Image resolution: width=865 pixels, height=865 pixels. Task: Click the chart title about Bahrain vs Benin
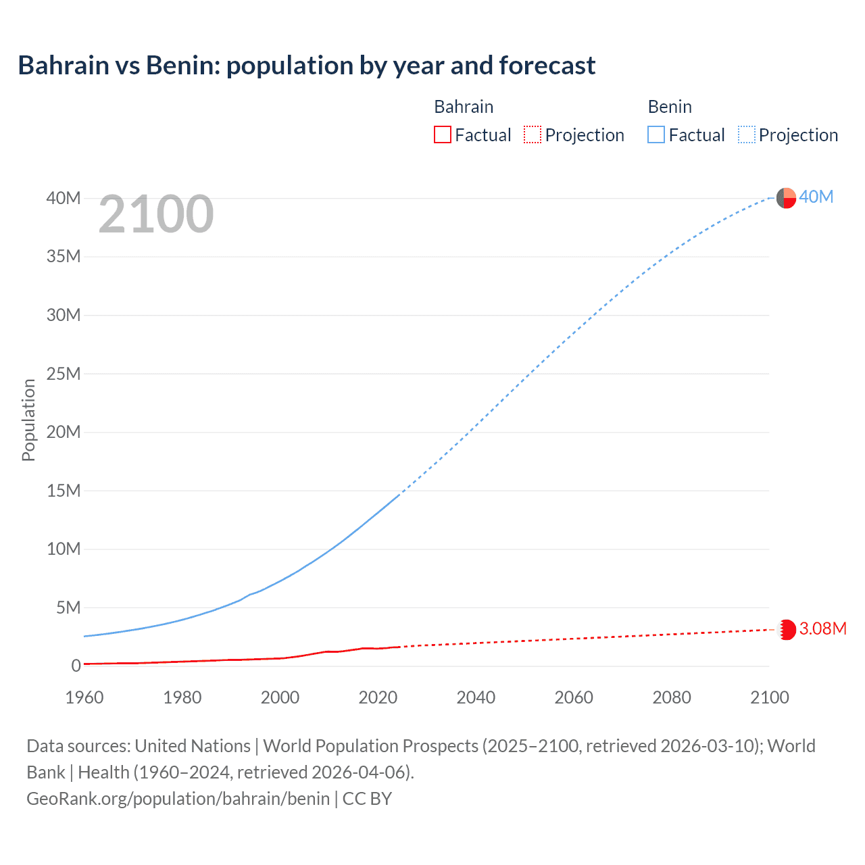click(x=306, y=66)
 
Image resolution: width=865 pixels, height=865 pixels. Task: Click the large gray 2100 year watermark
click(x=156, y=214)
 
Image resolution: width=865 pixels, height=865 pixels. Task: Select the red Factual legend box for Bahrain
click(x=442, y=134)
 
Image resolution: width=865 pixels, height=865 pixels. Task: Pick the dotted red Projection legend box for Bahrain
click(x=533, y=134)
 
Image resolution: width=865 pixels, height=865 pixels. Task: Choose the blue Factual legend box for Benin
click(x=656, y=134)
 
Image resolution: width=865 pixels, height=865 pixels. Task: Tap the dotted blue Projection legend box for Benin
click(x=746, y=134)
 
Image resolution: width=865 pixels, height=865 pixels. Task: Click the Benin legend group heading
click(x=669, y=107)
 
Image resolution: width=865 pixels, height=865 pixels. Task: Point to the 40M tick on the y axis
click(x=63, y=198)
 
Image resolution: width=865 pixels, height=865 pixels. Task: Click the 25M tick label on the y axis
click(x=63, y=374)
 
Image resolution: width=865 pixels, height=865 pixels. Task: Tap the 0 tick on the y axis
click(x=76, y=666)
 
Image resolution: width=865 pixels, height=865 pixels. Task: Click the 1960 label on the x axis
click(x=84, y=697)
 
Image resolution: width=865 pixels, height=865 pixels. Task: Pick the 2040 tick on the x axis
click(x=476, y=697)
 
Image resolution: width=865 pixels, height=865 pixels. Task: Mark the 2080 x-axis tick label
click(x=672, y=697)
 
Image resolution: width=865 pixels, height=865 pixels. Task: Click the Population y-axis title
click(x=28, y=420)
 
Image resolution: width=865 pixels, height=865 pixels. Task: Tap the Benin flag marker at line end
click(x=786, y=198)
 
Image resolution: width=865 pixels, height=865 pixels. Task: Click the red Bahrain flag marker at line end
click(x=787, y=630)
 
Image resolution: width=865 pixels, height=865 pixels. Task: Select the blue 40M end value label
click(x=816, y=197)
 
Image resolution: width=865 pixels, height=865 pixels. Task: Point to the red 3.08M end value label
click(x=822, y=628)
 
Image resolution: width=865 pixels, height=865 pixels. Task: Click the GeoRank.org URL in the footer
click(x=178, y=799)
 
